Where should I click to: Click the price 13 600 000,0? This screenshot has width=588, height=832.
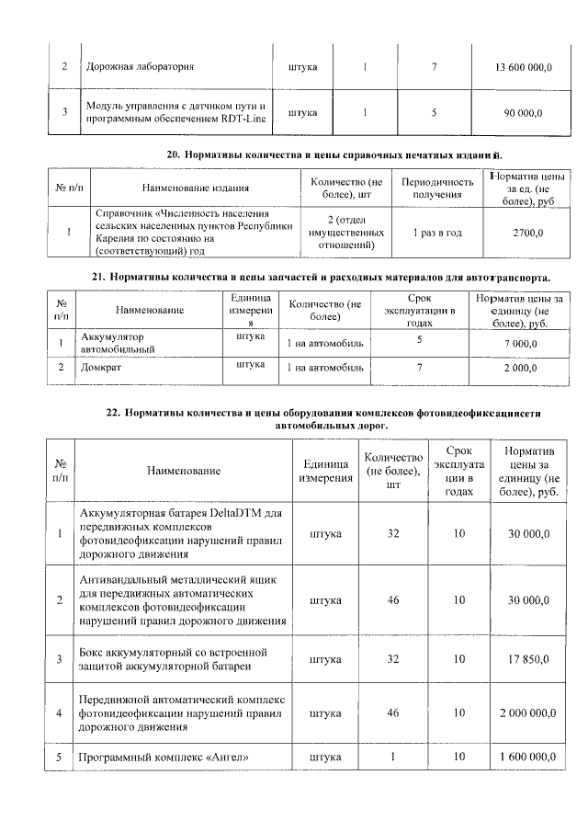tap(524, 67)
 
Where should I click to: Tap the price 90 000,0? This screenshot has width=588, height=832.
tap(523, 112)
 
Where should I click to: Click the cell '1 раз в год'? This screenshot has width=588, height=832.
tap(436, 233)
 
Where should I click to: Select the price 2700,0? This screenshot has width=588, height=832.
tap(527, 233)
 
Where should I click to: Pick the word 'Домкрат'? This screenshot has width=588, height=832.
tap(101, 368)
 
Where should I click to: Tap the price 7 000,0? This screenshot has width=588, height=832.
tap(520, 343)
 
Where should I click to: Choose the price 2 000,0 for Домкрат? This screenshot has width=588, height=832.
tap(520, 368)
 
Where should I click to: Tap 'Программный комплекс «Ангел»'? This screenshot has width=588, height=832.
tap(165, 757)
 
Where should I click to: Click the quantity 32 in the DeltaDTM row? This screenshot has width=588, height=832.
tap(393, 533)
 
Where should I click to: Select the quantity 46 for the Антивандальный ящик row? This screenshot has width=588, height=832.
tap(393, 599)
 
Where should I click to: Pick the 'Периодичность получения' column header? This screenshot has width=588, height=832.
tap(436, 188)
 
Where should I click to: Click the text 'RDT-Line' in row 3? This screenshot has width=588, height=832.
tap(243, 120)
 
